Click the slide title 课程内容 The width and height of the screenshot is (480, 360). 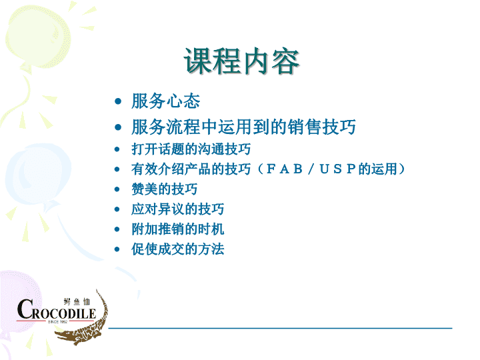click(x=241, y=61)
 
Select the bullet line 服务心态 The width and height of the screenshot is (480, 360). click(x=165, y=101)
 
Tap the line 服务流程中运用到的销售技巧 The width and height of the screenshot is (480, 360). click(x=243, y=127)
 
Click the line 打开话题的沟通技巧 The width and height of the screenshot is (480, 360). click(x=191, y=149)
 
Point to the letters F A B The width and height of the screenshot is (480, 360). click(x=285, y=169)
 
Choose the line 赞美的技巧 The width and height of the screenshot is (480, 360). click(x=165, y=189)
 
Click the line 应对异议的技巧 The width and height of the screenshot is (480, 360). click(x=177, y=209)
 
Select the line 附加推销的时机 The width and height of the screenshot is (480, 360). click(x=177, y=229)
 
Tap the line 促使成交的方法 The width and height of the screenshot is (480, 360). click(x=177, y=249)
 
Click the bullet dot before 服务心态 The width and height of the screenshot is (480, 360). click(x=118, y=101)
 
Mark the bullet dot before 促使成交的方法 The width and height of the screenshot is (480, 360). click(x=117, y=249)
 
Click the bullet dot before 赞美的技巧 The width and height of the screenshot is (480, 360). click(x=117, y=189)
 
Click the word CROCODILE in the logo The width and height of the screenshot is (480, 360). click(x=56, y=310)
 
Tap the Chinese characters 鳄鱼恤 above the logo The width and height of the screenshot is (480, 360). click(x=77, y=302)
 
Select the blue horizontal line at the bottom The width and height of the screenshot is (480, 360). click(x=280, y=328)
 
